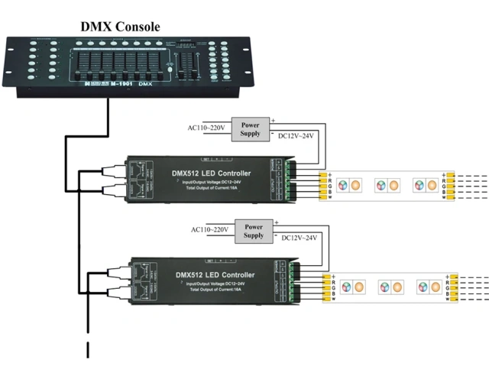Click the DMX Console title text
coord(121,27)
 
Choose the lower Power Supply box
coord(254,230)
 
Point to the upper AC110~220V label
coord(207,128)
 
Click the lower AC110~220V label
coord(210,230)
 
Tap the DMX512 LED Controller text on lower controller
coord(215,274)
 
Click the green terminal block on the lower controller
coord(293,284)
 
